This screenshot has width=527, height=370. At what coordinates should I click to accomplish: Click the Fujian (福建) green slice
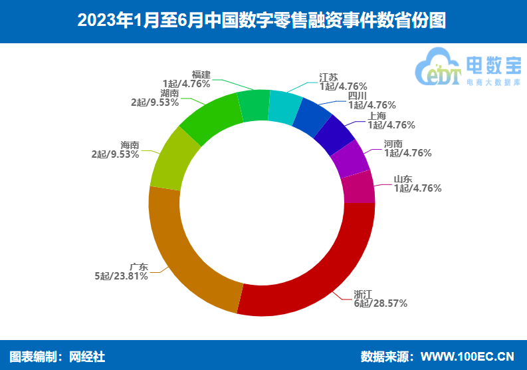(253, 105)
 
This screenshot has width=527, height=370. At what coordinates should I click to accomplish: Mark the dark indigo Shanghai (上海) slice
(334, 136)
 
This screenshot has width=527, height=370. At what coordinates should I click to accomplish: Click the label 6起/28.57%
(380, 303)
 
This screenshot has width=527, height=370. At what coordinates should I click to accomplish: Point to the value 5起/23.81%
(121, 276)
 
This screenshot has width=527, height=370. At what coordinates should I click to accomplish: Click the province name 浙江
(363, 293)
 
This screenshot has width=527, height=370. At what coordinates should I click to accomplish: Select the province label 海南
(130, 144)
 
